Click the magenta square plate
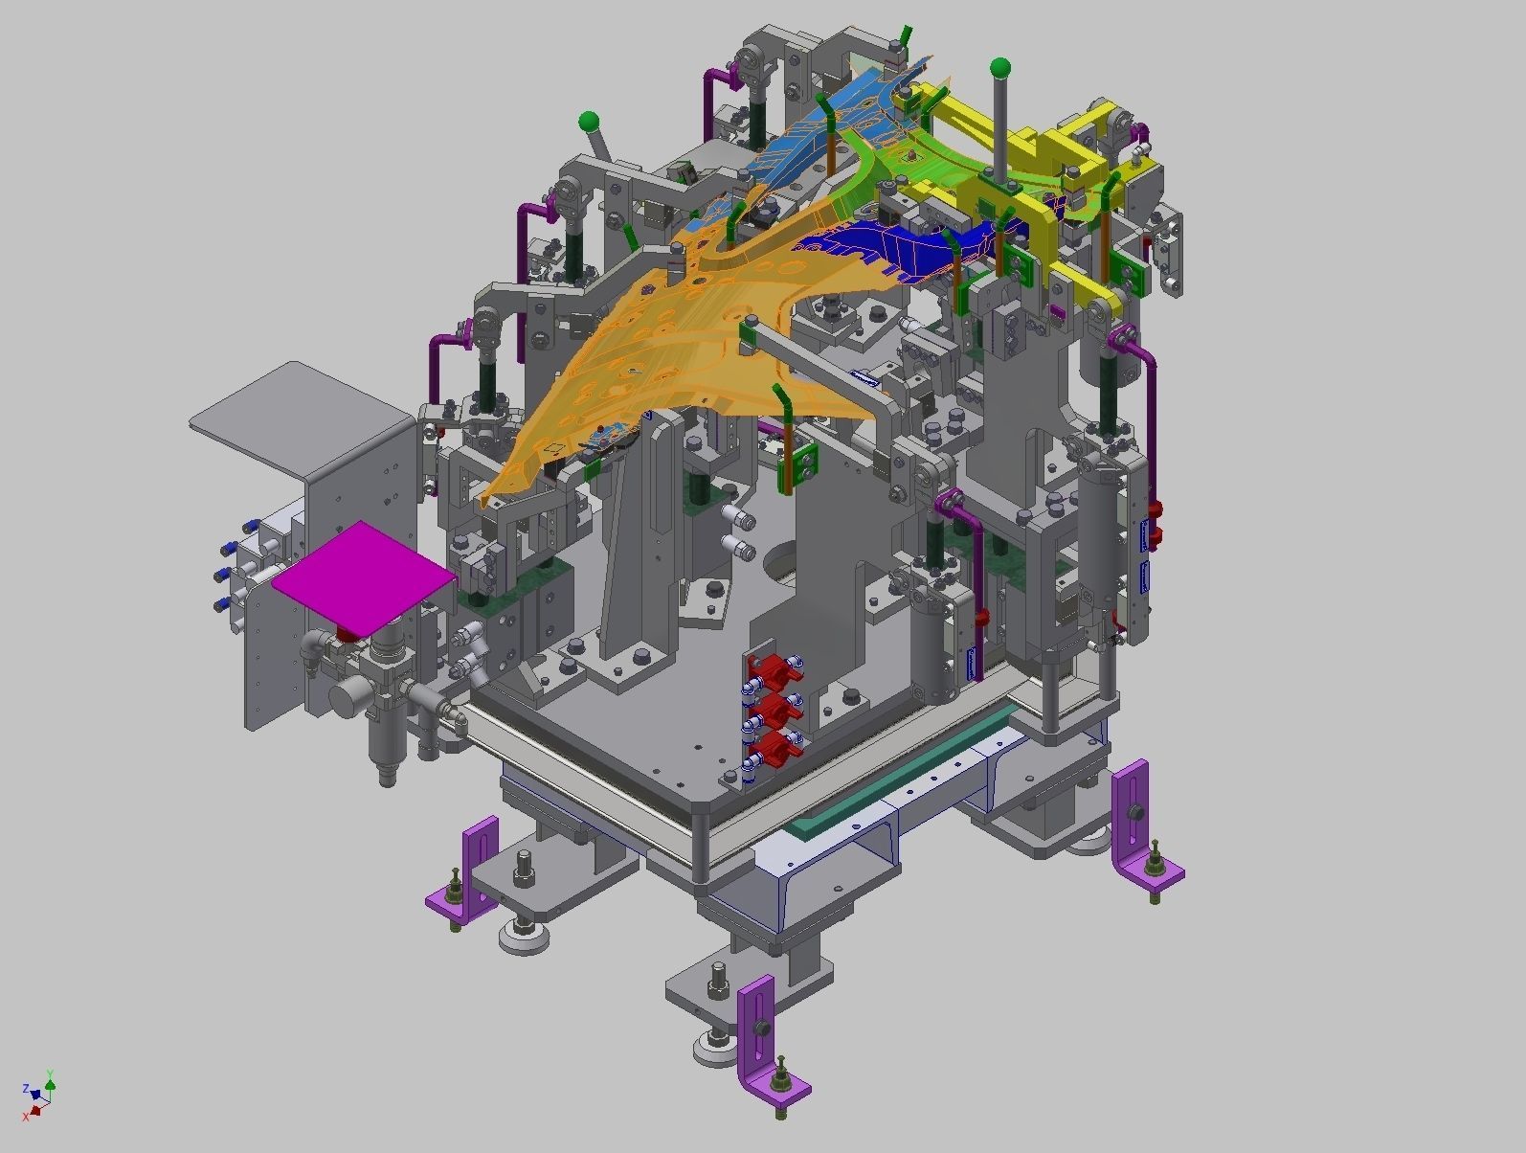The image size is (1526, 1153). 362,576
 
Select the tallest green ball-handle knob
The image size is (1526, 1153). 999,68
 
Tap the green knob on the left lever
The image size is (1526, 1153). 589,122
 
